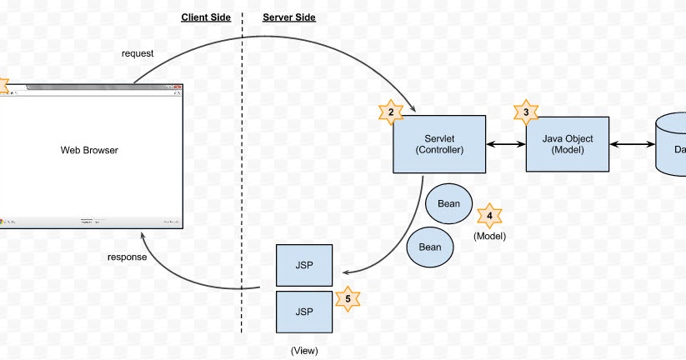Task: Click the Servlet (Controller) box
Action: tap(438, 144)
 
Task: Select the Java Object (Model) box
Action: tap(566, 144)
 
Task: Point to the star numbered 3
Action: tap(525, 112)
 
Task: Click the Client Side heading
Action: tap(205, 17)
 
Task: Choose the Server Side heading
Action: tap(289, 17)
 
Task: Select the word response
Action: tap(128, 257)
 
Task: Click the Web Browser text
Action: tap(89, 151)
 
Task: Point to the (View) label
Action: tap(304, 350)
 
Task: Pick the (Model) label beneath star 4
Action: tap(489, 237)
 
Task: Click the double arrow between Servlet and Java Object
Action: tap(505, 145)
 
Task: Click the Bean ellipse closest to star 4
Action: tap(448, 203)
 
